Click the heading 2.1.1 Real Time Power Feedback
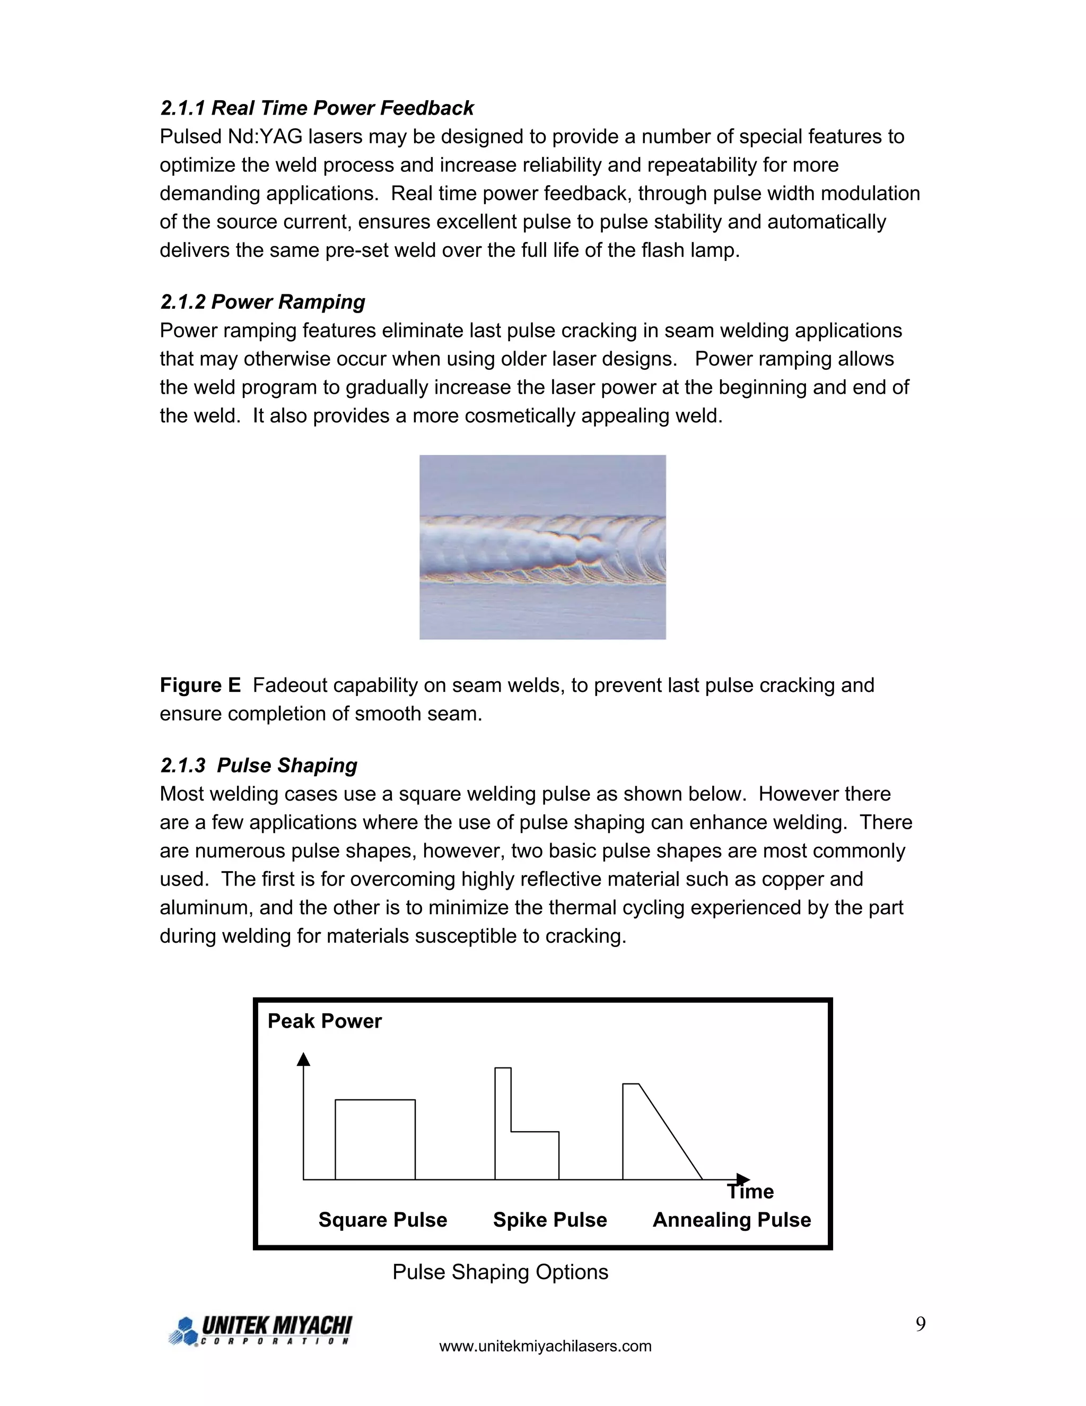(317, 108)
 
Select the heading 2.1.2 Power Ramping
(262, 302)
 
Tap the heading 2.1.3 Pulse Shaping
(259, 766)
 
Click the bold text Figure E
(200, 685)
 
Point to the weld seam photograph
(542, 547)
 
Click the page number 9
(921, 1324)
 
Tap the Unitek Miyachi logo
(260, 1331)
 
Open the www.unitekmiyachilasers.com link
(545, 1346)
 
